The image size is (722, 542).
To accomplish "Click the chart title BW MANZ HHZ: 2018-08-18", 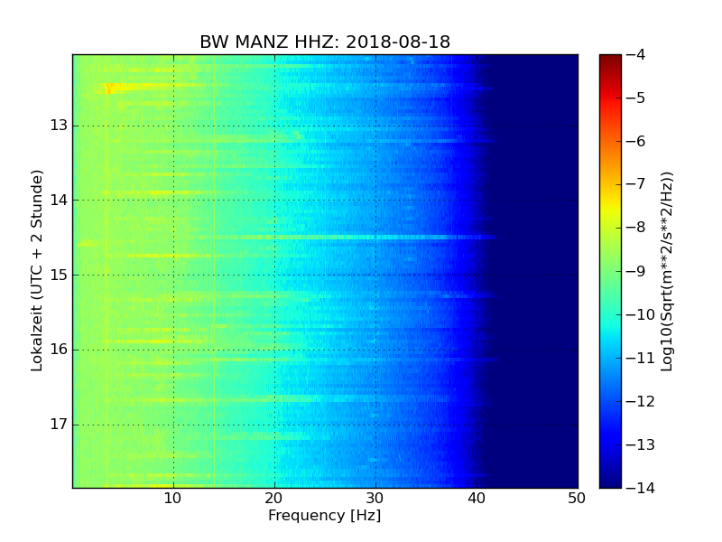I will point(325,42).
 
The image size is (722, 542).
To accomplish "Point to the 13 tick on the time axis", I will point(59,126).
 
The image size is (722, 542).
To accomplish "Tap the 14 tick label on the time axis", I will point(59,201).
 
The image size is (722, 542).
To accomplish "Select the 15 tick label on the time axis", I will point(59,275).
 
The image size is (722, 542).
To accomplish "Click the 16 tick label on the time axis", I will point(59,350).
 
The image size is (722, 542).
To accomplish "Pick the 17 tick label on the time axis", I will point(59,425).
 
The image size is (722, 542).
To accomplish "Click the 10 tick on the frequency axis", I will point(173,499).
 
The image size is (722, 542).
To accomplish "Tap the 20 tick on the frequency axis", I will point(274,499).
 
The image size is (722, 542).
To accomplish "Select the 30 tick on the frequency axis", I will point(375,499).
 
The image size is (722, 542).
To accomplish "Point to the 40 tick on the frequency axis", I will point(477,499).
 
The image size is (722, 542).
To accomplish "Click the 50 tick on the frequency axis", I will point(577,499).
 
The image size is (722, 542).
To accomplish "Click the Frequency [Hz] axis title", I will point(324,516).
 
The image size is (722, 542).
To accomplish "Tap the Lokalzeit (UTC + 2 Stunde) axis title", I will point(37,271).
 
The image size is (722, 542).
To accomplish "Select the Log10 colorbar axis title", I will point(667,271).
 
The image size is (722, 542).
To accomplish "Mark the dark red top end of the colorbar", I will point(610,58).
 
